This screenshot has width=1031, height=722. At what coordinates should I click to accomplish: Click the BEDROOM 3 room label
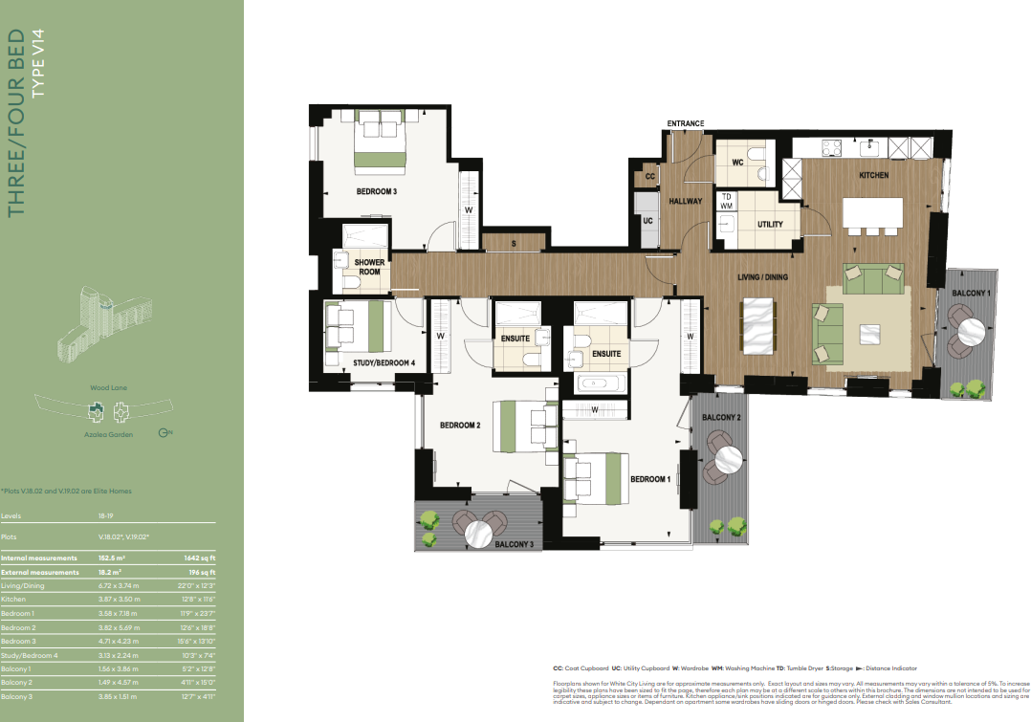pyautogui.click(x=376, y=191)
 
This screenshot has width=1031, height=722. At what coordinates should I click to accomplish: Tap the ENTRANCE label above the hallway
pyautogui.click(x=685, y=123)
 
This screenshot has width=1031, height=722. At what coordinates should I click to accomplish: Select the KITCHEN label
pyautogui.click(x=872, y=175)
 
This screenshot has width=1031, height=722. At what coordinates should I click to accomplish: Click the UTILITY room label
pyautogui.click(x=770, y=225)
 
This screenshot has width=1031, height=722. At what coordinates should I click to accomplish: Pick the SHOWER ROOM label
pyautogui.click(x=369, y=267)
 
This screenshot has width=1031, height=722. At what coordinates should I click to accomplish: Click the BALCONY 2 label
pyautogui.click(x=721, y=418)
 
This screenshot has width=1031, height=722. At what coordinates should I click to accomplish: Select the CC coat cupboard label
pyautogui.click(x=649, y=177)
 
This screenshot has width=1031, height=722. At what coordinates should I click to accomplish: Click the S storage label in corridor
pyautogui.click(x=514, y=244)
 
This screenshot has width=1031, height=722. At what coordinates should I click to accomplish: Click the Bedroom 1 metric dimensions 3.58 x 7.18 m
pyautogui.click(x=120, y=612)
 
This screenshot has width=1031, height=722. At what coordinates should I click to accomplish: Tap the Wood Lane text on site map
pyautogui.click(x=109, y=388)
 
